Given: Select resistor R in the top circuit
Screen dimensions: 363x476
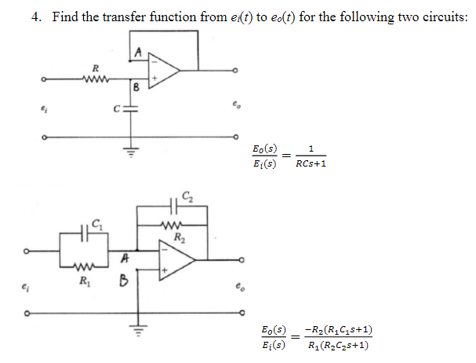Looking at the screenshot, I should click(95, 78).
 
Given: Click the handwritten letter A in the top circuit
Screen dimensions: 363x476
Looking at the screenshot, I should click(138, 53).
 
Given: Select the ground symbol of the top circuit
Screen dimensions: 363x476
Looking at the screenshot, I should click(132, 153).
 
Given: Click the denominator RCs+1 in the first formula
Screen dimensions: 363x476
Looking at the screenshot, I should click(311, 163).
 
